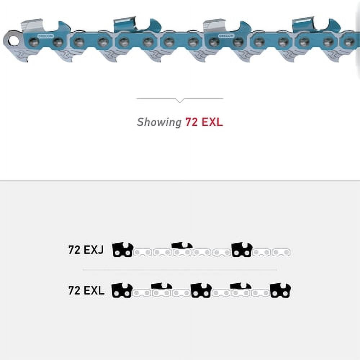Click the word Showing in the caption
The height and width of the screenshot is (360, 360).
coord(159,122)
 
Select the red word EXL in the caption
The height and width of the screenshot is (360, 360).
coord(212,122)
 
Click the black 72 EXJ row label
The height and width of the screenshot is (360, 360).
coord(86,250)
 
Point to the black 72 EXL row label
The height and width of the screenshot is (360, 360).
coord(86,291)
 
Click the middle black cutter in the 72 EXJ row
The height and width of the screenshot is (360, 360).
coord(182,246)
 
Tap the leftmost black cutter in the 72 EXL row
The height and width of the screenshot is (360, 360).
coord(122,291)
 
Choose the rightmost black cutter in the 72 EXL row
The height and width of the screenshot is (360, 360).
coord(280,291)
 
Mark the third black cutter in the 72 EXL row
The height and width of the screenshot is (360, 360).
coord(201,291)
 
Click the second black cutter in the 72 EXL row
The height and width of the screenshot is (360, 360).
coord(162,287)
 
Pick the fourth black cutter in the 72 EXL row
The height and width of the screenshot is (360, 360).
coord(241,287)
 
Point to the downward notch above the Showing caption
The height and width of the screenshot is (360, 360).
coord(180,100)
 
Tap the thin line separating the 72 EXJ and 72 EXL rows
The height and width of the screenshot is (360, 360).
coord(180,269)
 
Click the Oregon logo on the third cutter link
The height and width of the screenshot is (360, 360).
coord(226,36)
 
